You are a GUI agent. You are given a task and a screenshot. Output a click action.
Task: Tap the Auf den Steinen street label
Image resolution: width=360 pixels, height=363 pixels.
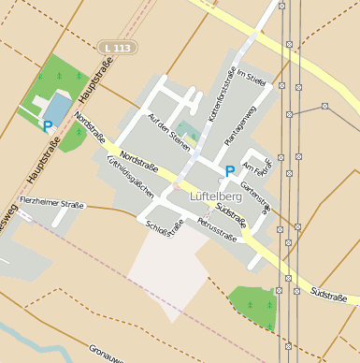tap(168, 130)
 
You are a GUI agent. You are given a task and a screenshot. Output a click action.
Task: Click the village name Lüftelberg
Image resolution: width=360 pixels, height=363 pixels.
tap(217, 196)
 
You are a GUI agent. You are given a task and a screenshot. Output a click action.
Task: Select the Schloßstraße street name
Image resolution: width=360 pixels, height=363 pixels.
tap(166, 228)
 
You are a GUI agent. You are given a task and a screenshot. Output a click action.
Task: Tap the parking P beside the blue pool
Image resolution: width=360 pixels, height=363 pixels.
tap(47, 125)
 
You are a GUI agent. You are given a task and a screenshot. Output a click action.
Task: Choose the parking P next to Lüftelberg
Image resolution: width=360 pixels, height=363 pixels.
tap(229, 170)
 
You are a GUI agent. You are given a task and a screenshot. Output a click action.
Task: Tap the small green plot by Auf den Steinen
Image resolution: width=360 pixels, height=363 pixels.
tap(185, 129)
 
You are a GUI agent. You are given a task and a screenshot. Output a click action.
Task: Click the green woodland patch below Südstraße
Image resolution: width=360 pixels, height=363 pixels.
tap(254, 305)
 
